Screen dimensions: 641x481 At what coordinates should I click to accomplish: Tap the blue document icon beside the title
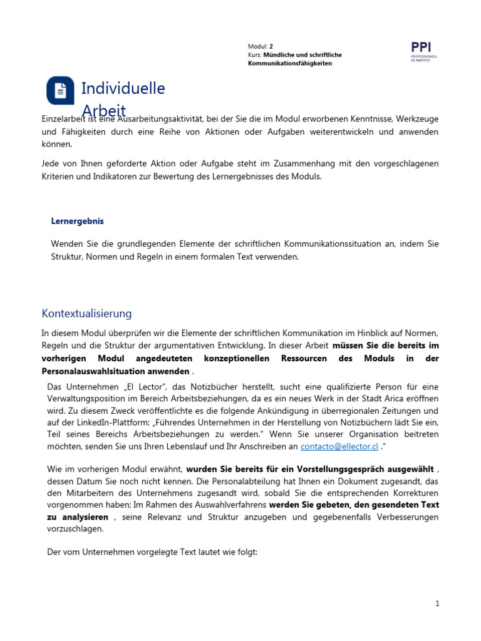pos(61,91)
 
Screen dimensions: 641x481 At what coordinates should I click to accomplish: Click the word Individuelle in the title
pos(123,88)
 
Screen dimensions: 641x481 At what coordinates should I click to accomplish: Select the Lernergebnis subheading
pos(77,221)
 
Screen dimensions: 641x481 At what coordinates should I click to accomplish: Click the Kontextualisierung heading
pos(86,313)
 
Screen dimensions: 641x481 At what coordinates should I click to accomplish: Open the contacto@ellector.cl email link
pos(339,446)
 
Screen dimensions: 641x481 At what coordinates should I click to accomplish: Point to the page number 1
pos(438,603)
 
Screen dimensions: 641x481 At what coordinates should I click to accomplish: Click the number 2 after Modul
pos(271,46)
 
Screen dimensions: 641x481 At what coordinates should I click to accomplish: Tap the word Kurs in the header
pos(254,55)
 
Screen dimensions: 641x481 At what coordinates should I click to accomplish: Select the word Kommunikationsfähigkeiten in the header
pos(290,64)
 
